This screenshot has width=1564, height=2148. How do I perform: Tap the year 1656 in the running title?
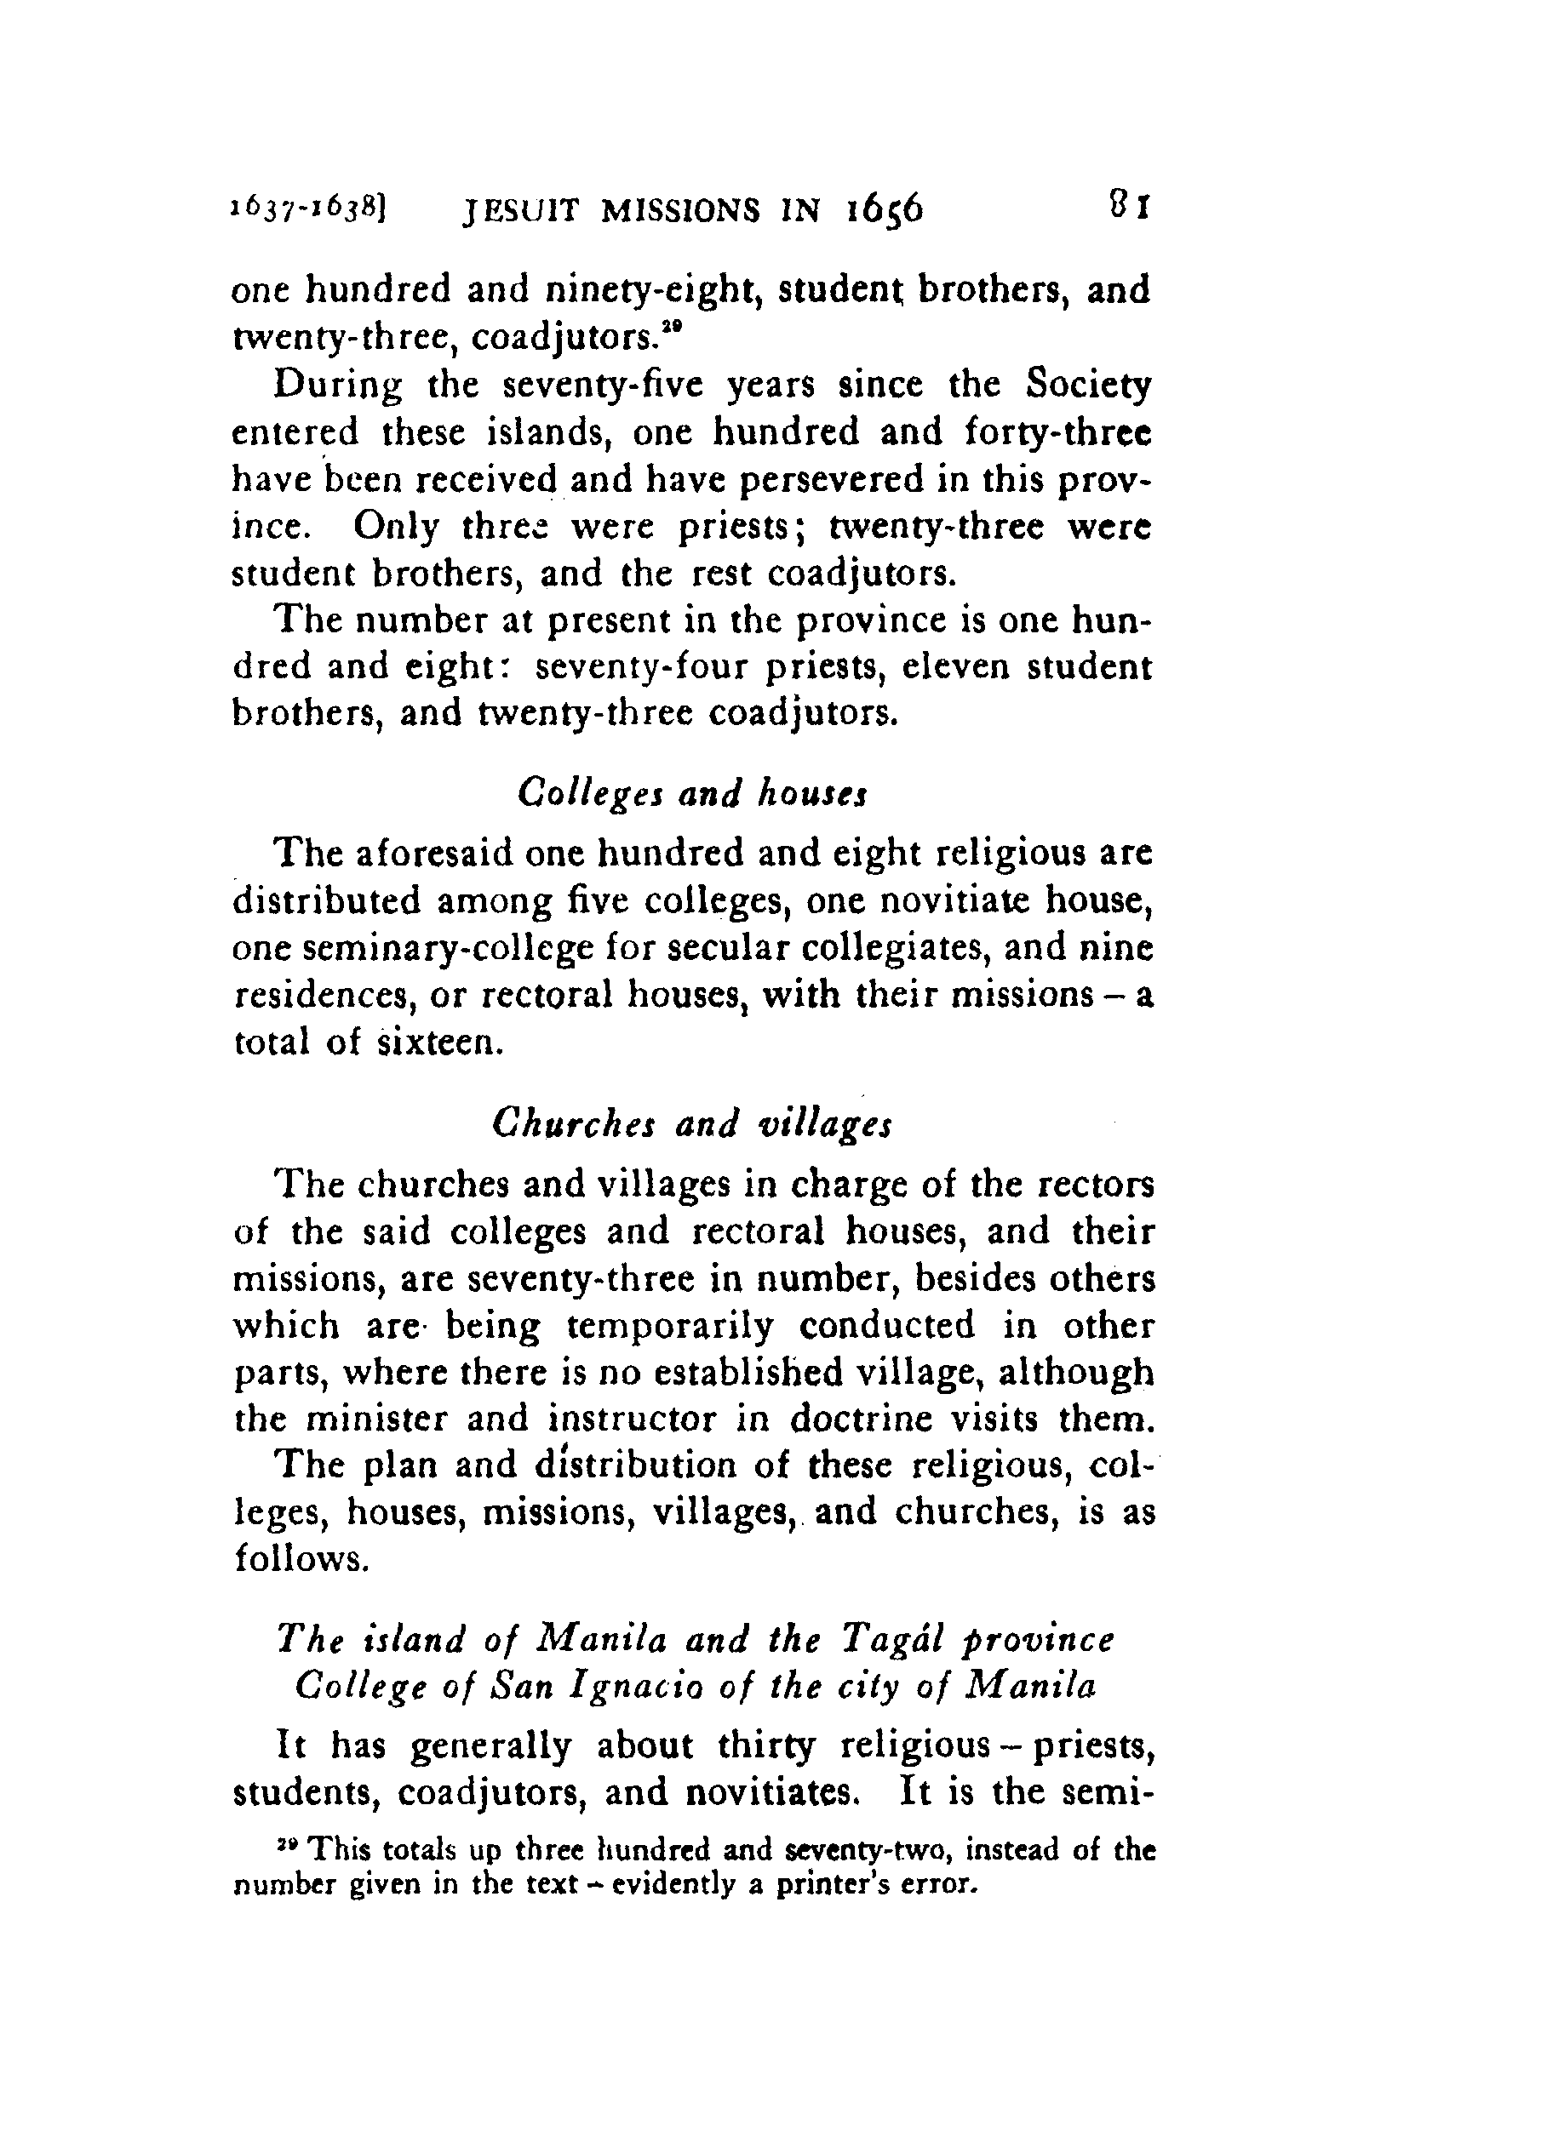pos(882,209)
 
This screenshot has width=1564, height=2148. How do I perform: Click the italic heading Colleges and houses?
pos(693,791)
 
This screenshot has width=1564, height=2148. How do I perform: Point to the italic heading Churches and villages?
pos(692,1124)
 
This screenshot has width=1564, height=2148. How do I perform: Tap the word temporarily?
pos(669,1325)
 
